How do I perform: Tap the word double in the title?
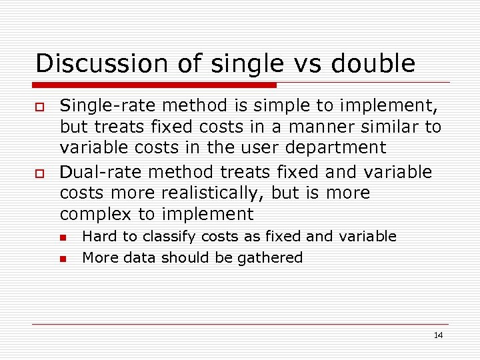tap(373, 64)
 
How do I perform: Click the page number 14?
tap(438, 335)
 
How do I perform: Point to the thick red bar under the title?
tap(155, 85)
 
